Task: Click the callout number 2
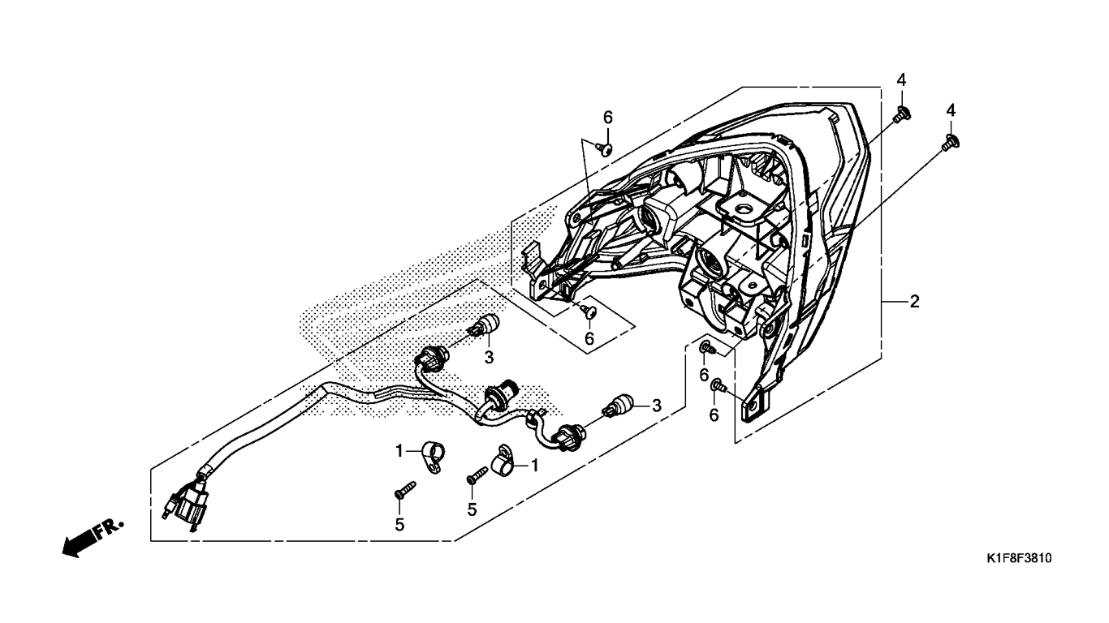(914, 301)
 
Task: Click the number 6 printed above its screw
(608, 118)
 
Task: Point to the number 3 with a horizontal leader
(657, 406)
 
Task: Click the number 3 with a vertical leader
(490, 357)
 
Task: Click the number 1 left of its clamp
(399, 451)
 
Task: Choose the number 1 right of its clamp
(534, 465)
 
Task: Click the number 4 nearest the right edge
(951, 110)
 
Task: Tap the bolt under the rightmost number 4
(950, 142)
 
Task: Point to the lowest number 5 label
(399, 525)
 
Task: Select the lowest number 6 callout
(714, 415)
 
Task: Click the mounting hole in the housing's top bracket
(741, 210)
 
